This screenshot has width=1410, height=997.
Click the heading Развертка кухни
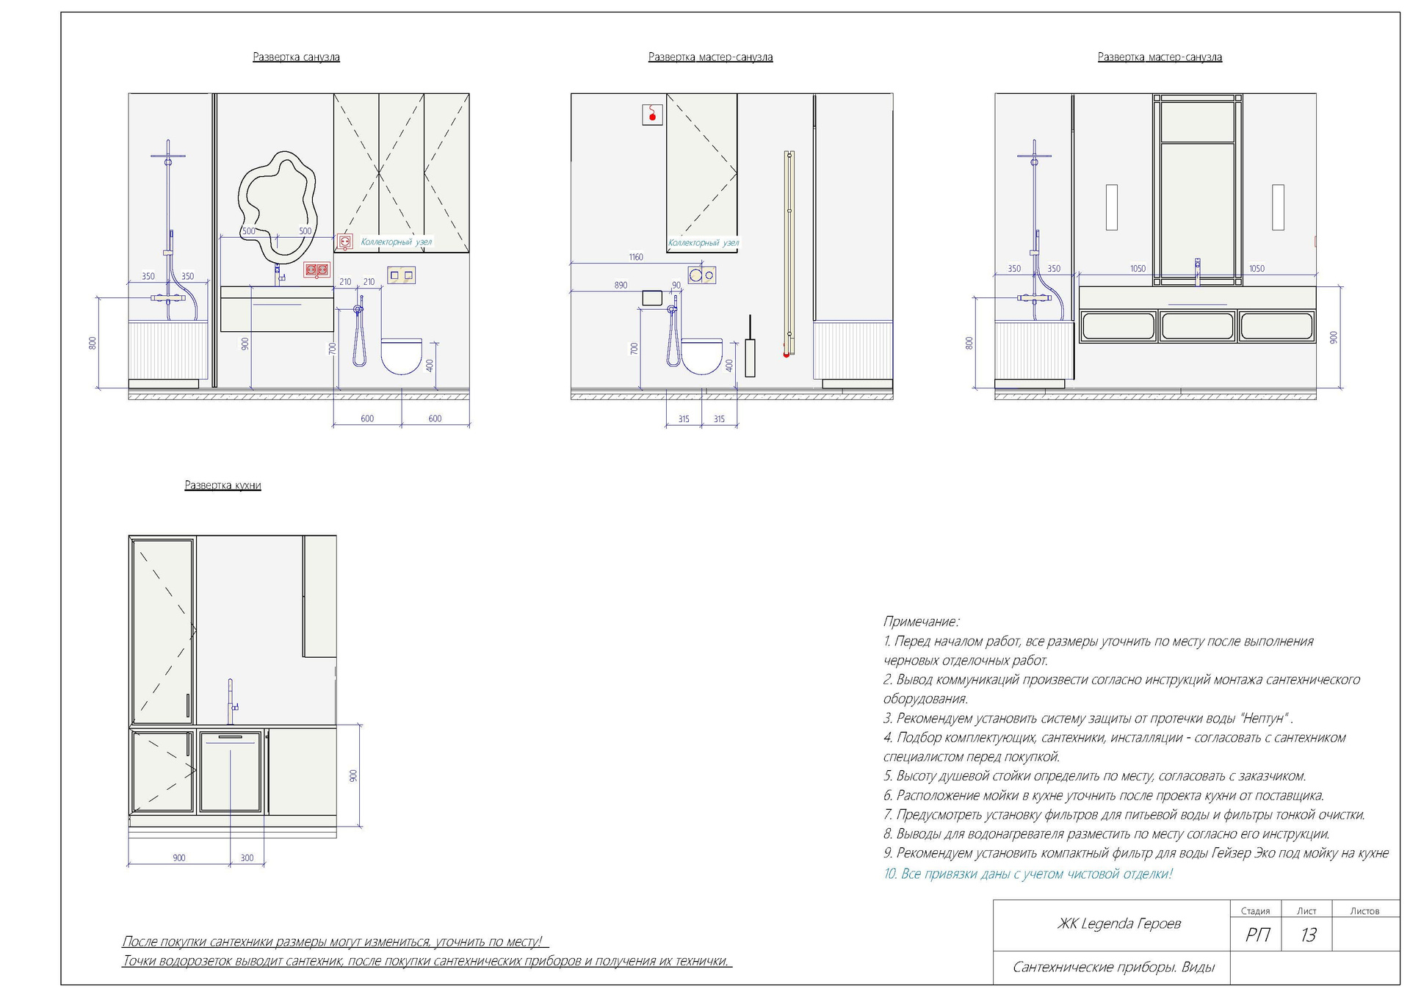pos(223,485)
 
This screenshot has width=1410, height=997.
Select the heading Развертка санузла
pos(296,57)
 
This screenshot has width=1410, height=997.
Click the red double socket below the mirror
pos(316,270)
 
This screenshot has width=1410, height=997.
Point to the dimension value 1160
pos(636,257)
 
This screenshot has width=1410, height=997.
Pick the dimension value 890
pos(621,285)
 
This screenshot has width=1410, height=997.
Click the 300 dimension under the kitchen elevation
pos(247,858)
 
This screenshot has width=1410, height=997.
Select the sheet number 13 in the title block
pos(1308,935)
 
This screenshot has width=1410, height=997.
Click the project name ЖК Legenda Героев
pos(1118,924)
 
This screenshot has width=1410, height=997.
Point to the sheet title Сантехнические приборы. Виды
pos(1113,967)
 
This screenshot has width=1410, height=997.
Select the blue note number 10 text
pos(1028,874)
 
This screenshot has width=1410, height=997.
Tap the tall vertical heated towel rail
pos(789,253)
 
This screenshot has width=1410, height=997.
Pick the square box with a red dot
pos(652,115)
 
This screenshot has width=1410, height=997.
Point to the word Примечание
pos(921,622)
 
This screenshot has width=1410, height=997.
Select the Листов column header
pos(1364,911)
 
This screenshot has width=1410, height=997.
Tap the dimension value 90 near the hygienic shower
pos(676,285)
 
